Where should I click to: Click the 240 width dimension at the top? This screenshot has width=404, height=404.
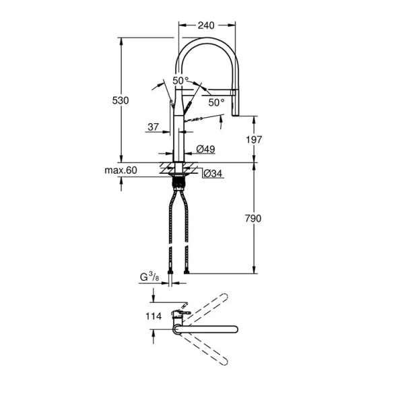click(206, 25)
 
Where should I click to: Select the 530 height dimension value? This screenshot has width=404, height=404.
click(121, 100)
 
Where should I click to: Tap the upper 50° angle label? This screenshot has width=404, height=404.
click(180, 81)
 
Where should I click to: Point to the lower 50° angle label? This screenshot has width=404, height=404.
click(216, 102)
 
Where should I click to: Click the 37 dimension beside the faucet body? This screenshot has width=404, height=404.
click(152, 126)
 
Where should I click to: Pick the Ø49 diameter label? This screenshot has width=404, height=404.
click(205, 148)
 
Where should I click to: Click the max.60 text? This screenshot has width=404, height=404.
click(121, 171)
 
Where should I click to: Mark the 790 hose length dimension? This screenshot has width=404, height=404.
click(254, 218)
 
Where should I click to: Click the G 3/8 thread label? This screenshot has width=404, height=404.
click(149, 276)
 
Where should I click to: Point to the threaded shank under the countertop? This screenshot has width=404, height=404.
click(178, 181)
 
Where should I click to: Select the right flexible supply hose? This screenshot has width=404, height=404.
click(188, 229)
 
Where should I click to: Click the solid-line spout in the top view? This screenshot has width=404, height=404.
click(209, 329)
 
